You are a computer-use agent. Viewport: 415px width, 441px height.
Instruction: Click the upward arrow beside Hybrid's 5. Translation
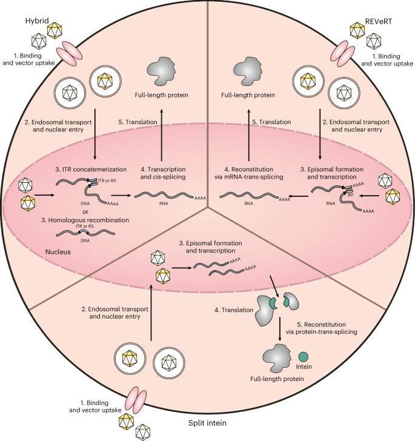[x=162, y=128]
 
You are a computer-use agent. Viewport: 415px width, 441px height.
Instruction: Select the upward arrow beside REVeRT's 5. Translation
[x=248, y=128]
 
